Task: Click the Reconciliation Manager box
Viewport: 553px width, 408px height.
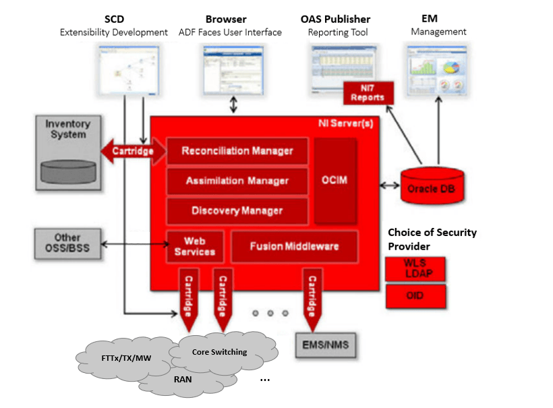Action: (237, 151)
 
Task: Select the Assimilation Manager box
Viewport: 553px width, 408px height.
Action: (237, 181)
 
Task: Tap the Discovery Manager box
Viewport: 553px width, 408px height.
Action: (237, 210)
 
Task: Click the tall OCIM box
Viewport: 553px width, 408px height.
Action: (335, 181)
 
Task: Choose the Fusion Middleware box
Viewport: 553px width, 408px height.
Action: (294, 246)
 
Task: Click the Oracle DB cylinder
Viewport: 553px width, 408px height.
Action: (431, 185)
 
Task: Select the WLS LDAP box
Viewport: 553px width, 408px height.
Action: (415, 268)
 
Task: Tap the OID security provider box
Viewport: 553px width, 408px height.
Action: (415, 296)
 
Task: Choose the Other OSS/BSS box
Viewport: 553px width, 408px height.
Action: (67, 243)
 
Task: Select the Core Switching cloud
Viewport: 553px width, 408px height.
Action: (220, 351)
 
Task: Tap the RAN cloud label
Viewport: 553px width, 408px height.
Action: (183, 379)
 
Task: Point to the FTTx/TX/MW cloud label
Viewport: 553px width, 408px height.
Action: (125, 357)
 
